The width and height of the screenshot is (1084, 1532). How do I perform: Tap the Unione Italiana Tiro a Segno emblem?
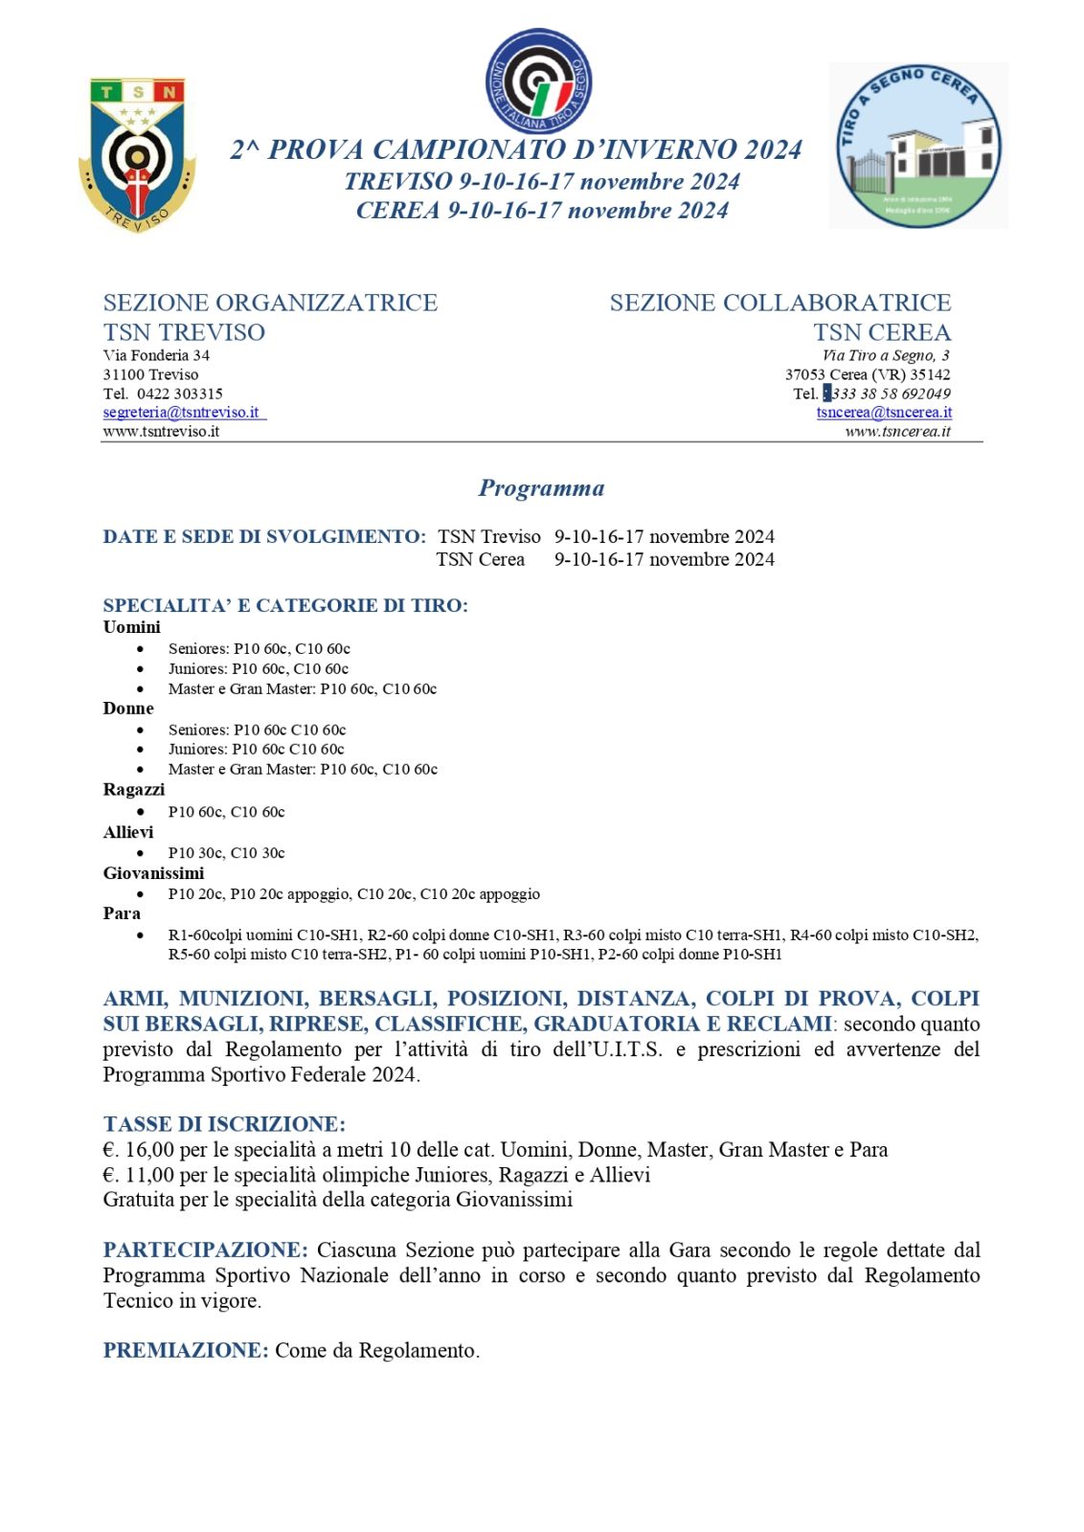(538, 81)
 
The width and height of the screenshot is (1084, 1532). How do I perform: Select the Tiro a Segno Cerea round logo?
(918, 146)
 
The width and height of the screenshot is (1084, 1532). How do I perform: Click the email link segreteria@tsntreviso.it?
(182, 413)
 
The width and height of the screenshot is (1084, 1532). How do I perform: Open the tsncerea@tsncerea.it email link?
(884, 413)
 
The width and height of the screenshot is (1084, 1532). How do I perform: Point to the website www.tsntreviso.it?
(161, 432)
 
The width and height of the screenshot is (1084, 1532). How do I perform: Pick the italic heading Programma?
(541, 488)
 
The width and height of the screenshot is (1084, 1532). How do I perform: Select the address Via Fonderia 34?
(156, 355)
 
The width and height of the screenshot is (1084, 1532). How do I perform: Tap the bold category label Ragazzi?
(134, 790)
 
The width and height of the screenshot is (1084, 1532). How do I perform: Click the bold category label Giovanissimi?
(153, 873)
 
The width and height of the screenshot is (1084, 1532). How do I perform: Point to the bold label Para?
(122, 913)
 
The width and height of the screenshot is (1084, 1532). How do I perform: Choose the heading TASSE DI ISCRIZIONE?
(224, 1124)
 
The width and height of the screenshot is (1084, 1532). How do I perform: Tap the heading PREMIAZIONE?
(186, 1351)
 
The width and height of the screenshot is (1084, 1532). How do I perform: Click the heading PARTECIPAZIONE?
(205, 1250)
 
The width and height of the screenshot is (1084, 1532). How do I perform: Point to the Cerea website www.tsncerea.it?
(897, 432)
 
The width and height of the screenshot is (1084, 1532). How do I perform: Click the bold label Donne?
(128, 709)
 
